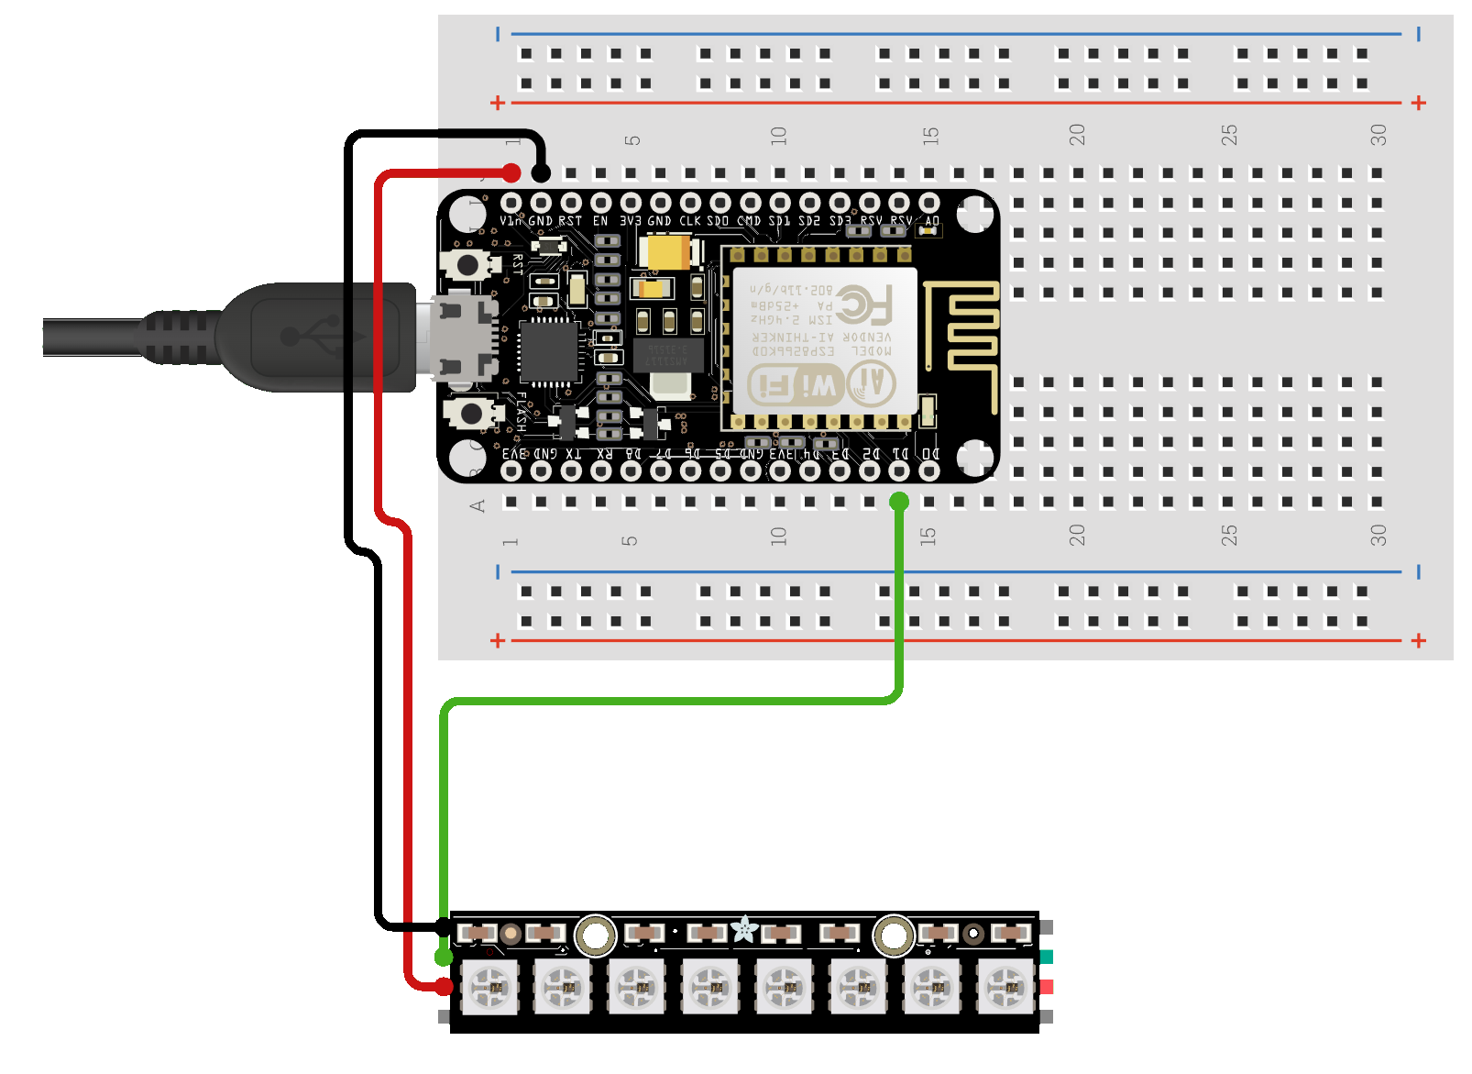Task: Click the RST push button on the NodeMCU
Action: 467,266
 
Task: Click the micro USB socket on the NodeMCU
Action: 463,337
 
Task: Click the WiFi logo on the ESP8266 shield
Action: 796,385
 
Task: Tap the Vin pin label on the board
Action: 511,221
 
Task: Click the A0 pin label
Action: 932,221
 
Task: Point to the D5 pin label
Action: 722,454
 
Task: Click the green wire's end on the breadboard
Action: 899,502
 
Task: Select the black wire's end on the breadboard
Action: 541,172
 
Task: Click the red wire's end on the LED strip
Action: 444,987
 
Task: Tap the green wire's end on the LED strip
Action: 444,957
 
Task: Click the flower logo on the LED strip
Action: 744,930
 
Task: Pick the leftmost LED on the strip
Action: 489,987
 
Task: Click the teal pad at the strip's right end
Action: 1047,957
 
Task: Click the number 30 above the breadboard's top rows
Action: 1379,136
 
